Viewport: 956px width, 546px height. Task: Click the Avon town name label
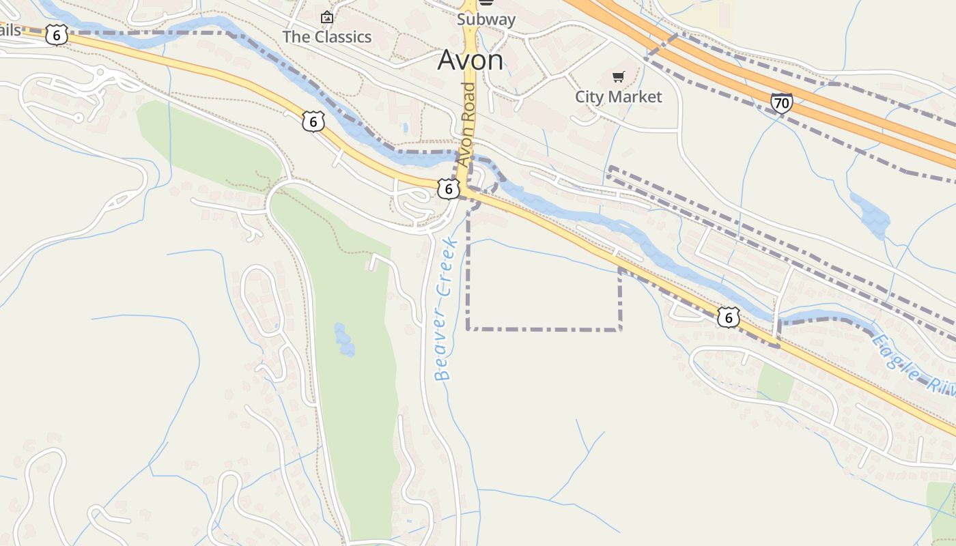[x=470, y=60]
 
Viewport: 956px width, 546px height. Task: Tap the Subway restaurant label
[x=486, y=19]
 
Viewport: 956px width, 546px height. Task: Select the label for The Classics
[x=327, y=36]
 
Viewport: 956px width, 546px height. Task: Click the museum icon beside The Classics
[x=327, y=17]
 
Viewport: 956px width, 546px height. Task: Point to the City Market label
[x=618, y=97]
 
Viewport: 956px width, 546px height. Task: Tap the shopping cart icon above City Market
[x=618, y=77]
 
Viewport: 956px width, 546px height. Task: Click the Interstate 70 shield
[x=782, y=103]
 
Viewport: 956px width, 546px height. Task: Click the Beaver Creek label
[x=445, y=308]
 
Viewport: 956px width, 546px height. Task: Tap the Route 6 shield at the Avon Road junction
[x=447, y=189]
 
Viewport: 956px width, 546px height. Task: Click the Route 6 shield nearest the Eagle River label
[x=729, y=317]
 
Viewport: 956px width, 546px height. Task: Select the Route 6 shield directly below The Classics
[x=313, y=121]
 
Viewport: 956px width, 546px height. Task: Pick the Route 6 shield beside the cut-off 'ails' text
[x=57, y=34]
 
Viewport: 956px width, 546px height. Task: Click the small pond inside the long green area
[x=344, y=340]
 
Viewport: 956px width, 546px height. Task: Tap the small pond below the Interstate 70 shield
[x=871, y=214]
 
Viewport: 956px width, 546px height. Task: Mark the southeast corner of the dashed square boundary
[x=620, y=330]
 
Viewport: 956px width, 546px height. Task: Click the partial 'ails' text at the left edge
[x=11, y=30]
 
